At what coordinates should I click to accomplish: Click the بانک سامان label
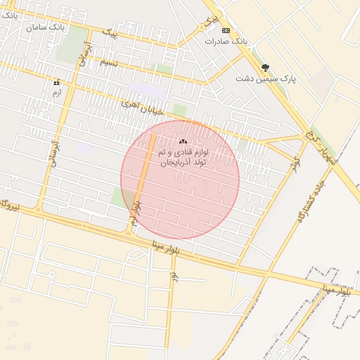pyautogui.click(x=46, y=27)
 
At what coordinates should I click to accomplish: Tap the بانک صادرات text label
pyautogui.click(x=226, y=41)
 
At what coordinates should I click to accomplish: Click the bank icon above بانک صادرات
pyautogui.click(x=226, y=31)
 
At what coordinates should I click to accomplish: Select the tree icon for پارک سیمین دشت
pyautogui.click(x=265, y=68)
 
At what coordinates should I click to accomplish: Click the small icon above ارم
pyautogui.click(x=56, y=83)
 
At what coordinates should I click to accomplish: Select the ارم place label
pyautogui.click(x=57, y=92)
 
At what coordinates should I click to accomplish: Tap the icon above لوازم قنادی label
pyautogui.click(x=183, y=142)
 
